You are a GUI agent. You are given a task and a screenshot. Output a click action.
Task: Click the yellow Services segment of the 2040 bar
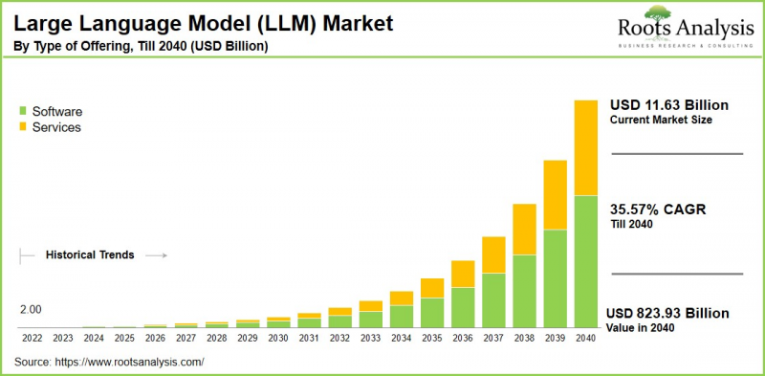tap(585, 147)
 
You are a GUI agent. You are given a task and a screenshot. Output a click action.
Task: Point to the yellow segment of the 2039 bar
tap(556, 194)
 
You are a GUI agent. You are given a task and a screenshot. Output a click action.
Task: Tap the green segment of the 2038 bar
tap(525, 291)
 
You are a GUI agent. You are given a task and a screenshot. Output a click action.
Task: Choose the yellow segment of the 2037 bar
tap(493, 254)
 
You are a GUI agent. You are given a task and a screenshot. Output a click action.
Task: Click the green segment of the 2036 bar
tap(463, 307)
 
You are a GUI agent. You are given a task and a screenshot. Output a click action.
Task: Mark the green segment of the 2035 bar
tap(432, 313)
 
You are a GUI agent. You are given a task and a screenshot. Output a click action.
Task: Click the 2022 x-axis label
tap(32, 338)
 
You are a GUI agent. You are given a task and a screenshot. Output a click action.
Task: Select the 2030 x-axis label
tap(278, 338)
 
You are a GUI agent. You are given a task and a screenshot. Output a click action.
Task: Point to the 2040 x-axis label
tap(586, 338)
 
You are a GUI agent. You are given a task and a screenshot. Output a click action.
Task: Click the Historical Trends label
tap(90, 255)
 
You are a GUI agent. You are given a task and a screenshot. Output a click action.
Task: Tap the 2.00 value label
tap(31, 310)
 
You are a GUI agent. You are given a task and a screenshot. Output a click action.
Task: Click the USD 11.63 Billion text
tap(669, 105)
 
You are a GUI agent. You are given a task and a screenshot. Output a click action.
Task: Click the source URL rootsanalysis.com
tap(134, 362)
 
